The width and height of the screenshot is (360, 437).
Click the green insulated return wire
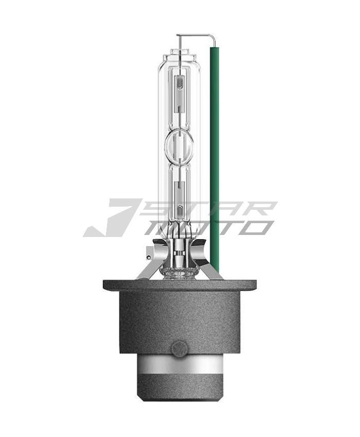click(x=214, y=156)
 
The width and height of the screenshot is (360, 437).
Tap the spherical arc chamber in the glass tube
click(x=179, y=145)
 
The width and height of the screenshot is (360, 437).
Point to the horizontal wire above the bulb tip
click(x=194, y=35)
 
